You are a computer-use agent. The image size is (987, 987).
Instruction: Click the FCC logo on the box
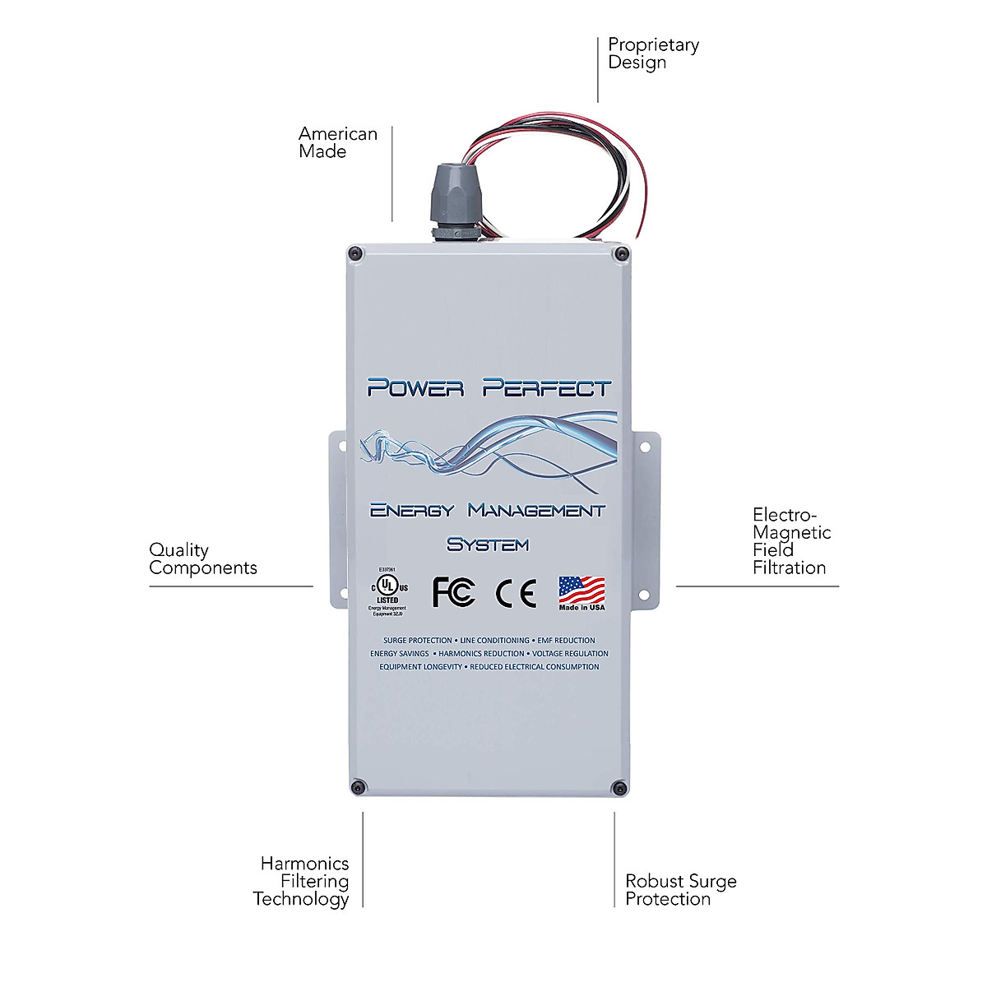pos(453,592)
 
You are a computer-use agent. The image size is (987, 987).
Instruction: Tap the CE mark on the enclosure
pos(517,593)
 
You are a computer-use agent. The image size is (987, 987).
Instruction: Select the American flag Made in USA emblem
pos(582,593)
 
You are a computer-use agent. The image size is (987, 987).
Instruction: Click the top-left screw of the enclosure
pos(354,253)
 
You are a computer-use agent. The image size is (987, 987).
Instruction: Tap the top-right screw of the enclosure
pos(619,253)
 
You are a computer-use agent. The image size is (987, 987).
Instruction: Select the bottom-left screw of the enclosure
pos(357,787)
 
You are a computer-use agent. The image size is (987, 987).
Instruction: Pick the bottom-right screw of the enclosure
pos(619,788)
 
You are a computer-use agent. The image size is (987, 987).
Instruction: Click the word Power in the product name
pos(415,387)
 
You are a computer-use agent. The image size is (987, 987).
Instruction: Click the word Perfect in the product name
pos(547,387)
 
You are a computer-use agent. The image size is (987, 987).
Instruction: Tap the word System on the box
pos(488,544)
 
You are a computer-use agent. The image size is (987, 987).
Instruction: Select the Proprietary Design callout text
pos(653,53)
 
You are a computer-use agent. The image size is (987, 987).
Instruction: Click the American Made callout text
pos(337,142)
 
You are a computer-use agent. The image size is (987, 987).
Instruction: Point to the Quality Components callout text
pos(202,558)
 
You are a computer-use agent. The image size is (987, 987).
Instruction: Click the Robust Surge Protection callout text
pos(680,890)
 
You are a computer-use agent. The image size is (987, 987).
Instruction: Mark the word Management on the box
pos(536,511)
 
